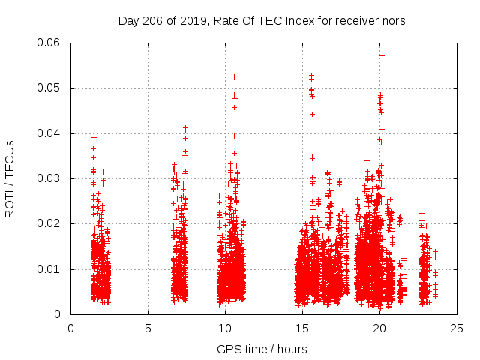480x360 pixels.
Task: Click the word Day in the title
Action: (128, 21)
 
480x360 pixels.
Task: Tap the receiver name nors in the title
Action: (392, 21)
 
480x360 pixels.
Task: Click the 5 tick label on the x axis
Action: (148, 328)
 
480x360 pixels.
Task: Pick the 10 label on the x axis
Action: (225, 328)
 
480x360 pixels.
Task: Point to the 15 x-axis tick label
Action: (302, 328)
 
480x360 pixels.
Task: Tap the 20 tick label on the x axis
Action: (379, 328)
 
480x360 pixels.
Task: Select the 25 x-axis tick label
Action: (457, 328)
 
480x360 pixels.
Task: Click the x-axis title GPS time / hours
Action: (262, 349)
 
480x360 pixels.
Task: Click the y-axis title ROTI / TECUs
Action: (10, 178)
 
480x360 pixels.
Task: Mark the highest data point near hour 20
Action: (382, 55)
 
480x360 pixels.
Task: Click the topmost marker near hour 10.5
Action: (234, 76)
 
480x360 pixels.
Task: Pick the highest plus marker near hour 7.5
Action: (186, 128)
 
